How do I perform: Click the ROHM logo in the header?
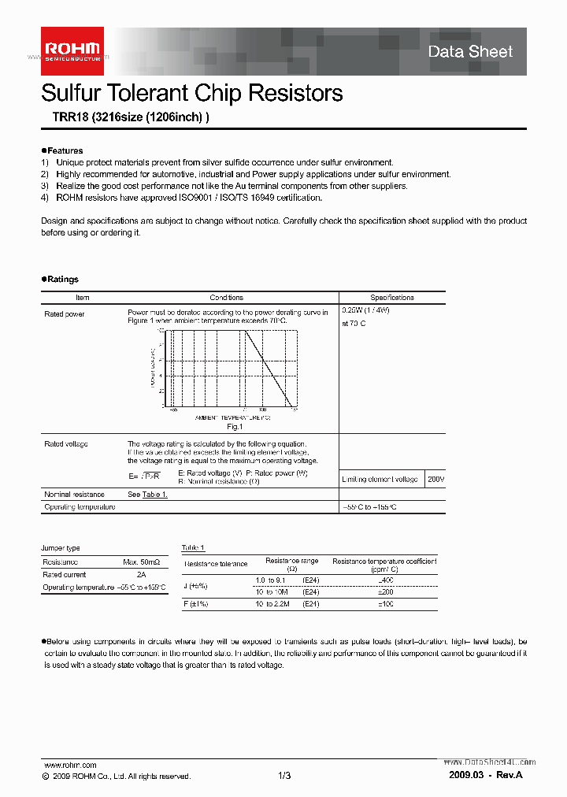tap(72, 50)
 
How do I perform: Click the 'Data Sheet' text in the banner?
tap(470, 52)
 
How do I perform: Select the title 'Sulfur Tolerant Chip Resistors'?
tap(191, 93)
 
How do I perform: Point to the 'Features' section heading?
tap(65, 150)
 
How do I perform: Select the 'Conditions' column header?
tap(227, 298)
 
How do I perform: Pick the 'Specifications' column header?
tap(391, 298)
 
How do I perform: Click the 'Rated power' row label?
tap(65, 313)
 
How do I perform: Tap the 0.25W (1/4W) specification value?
tap(365, 310)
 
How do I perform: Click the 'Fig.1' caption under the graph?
tap(233, 426)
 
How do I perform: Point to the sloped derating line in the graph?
tap(268, 366)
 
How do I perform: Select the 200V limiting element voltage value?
tap(435, 479)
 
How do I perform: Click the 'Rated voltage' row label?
tap(66, 444)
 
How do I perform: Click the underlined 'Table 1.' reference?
tap(154, 495)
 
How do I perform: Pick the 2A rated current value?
tap(141, 575)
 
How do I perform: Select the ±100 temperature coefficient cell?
tap(385, 603)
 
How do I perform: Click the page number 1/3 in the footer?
tap(284, 776)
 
